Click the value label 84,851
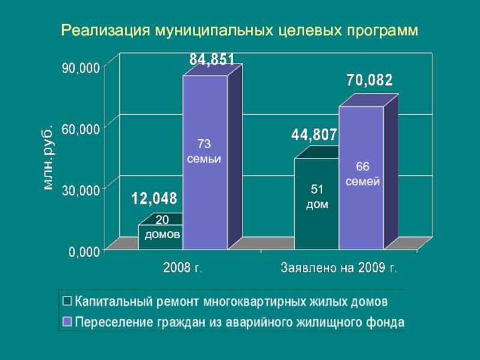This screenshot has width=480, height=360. coord(212,59)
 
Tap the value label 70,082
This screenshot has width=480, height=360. coord(370,80)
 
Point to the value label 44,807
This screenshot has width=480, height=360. coord(314,136)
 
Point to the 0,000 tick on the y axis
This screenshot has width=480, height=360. coord(84,253)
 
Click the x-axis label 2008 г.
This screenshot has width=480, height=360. coord(183,268)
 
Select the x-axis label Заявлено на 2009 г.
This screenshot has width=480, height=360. coord(339,268)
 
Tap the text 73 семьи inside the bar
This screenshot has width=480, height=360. coord(204,152)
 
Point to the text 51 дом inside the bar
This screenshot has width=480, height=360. coord(317,197)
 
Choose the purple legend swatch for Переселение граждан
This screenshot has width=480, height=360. coord(67,322)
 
